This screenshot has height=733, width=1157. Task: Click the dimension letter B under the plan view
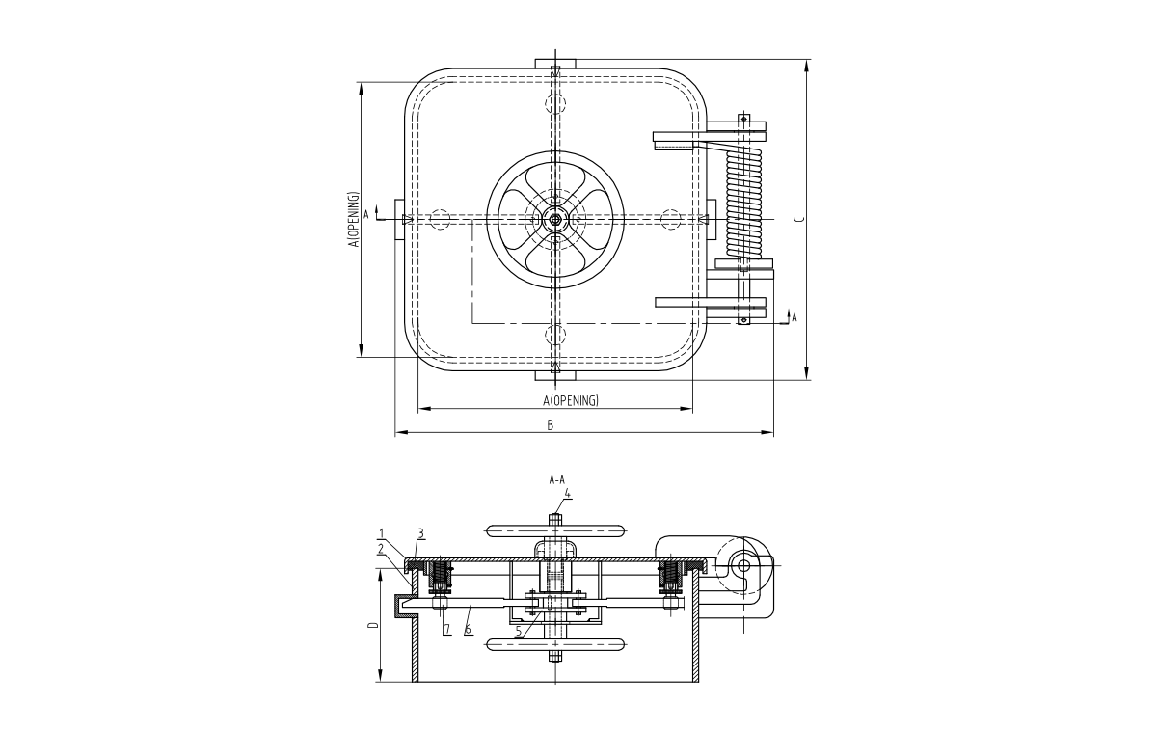point(551,425)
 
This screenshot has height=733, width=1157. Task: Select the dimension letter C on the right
point(797,220)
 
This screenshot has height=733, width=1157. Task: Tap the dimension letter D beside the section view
point(373,625)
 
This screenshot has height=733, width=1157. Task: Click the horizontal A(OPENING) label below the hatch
point(571,400)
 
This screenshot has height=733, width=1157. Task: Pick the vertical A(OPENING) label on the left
point(354,220)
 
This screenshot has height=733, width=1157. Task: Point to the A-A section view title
point(556,478)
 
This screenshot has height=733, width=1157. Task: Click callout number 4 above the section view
point(568,493)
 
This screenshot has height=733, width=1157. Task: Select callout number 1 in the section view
point(381,532)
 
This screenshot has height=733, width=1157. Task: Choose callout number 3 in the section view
point(420,532)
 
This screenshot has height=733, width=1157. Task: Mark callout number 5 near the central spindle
point(518,632)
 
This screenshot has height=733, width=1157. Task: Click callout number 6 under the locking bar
point(468,629)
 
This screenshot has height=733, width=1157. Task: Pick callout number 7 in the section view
point(446,629)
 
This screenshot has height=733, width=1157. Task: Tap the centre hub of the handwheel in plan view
point(555,220)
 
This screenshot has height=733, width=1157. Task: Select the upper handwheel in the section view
point(555,529)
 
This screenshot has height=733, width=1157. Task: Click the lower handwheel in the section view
point(555,643)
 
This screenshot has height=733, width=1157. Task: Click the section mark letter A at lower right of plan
point(794,316)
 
